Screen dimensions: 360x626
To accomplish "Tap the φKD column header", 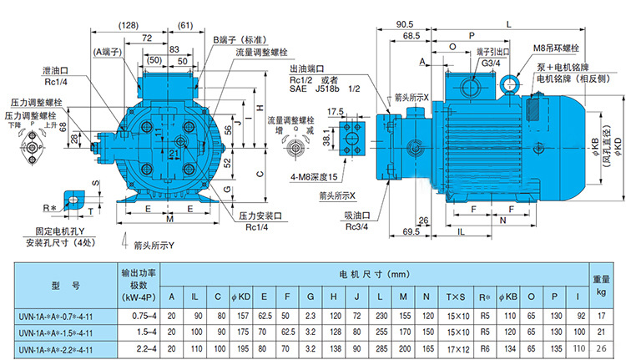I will [x=244, y=297].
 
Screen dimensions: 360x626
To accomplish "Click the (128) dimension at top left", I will [x=130, y=26].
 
